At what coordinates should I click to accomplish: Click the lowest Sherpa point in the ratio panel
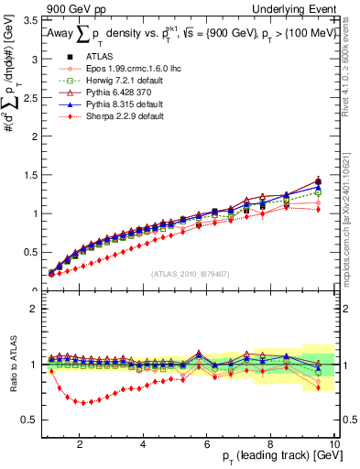(x=85, y=402)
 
